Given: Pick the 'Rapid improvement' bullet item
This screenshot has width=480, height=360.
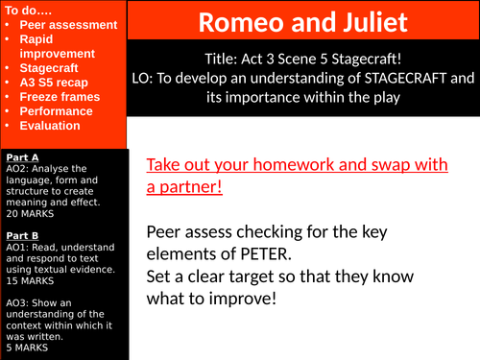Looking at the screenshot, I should pyautogui.click(x=50, y=46).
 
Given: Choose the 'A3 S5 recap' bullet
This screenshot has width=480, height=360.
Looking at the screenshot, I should pyautogui.click(x=57, y=83).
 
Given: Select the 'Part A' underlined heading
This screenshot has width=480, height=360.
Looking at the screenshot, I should pyautogui.click(x=22, y=156).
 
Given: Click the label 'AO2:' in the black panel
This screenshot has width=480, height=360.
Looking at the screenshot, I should pyautogui.click(x=17, y=169).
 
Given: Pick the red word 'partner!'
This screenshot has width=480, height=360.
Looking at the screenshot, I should pyautogui.click(x=184, y=186).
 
